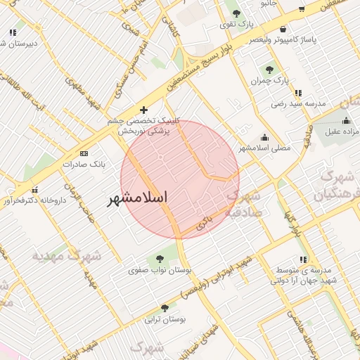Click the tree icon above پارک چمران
tap(270, 69)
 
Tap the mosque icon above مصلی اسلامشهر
tap(264, 137)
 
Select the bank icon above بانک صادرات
tap(84, 153)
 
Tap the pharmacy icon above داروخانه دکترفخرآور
tap(34, 188)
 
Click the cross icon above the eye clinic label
tap(144, 110)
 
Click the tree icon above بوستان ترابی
tap(165, 308)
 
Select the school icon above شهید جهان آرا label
tap(303, 260)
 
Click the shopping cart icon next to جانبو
tap(301, 9)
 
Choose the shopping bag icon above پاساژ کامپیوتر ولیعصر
tap(283, 30)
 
